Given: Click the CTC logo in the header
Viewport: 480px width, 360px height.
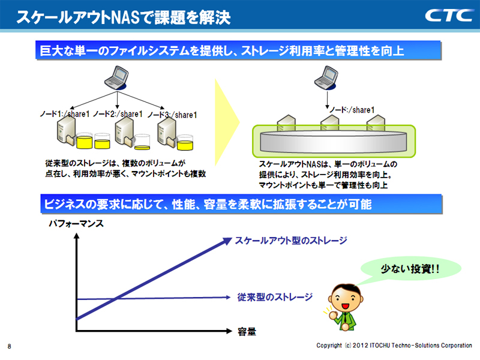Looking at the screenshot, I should tap(449, 15).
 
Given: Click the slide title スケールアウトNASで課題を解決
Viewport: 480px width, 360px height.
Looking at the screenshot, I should tap(123, 17).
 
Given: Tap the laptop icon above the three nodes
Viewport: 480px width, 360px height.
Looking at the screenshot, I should tap(115, 75).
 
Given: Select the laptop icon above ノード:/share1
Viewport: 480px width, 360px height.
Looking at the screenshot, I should tap(328, 76).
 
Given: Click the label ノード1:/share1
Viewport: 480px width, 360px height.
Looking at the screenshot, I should tap(65, 113).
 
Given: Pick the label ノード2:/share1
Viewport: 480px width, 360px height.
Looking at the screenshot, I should tap(118, 113).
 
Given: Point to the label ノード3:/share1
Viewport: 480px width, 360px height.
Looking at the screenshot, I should tap(172, 115).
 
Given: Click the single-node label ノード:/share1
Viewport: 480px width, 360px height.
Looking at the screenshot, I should tap(353, 110).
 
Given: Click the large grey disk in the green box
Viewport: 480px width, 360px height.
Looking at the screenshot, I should tap(333, 143).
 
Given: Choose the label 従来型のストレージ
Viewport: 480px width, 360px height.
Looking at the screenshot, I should tap(275, 296).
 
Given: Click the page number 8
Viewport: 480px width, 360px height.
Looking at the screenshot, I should tap(10, 346).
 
